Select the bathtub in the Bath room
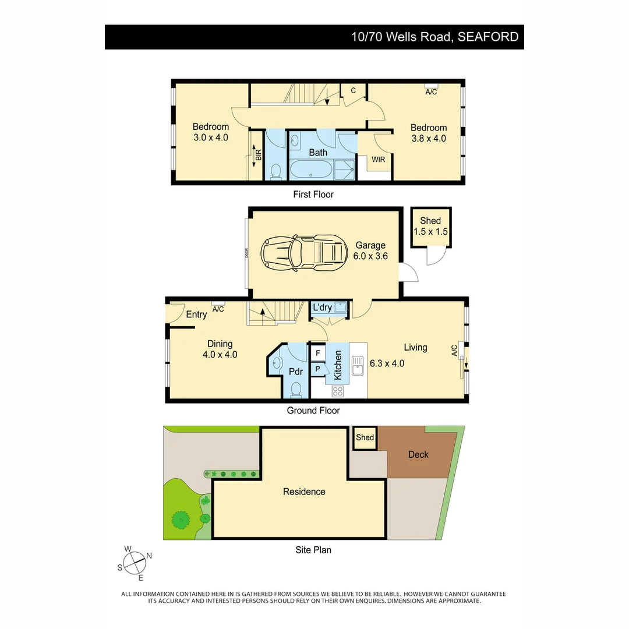click(311, 169)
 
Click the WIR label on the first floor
click(379, 159)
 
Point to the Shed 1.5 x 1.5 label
click(430, 226)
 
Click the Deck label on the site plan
click(418, 454)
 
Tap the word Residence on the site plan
click(304, 492)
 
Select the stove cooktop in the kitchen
click(338, 391)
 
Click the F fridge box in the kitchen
click(318, 353)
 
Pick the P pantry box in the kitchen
click(318, 369)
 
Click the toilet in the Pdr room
click(296, 388)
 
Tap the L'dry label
click(322, 307)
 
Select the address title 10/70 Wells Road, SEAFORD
click(434, 37)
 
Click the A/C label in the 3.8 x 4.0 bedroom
click(431, 92)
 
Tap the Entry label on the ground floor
click(196, 314)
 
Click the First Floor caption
click(313, 195)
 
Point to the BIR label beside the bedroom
click(258, 156)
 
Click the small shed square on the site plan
click(365, 438)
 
